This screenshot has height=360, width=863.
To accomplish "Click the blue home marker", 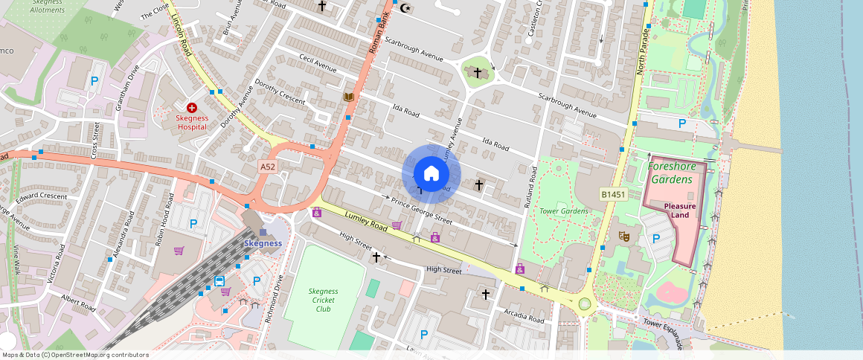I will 431,174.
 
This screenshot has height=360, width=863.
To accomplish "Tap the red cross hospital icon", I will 191,108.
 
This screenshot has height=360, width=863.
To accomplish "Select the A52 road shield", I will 268,167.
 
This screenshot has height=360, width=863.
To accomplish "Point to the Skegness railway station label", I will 263,243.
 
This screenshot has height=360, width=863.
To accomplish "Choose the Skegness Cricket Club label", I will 323,300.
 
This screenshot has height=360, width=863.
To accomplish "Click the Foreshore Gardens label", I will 671,173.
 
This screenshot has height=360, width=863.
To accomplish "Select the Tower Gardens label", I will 564,210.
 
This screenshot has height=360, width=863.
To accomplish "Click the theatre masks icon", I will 624,236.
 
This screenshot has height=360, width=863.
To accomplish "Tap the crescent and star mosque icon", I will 405,8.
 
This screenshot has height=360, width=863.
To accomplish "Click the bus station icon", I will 219,281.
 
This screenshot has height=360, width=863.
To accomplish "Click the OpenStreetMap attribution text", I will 75,355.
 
